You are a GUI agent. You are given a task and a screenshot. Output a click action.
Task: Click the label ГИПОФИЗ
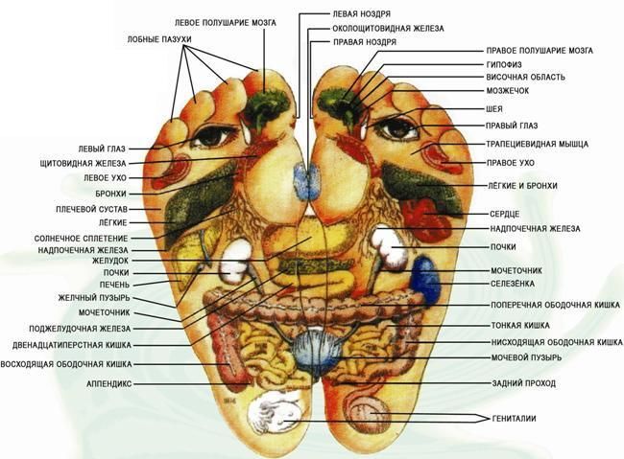click(510, 64)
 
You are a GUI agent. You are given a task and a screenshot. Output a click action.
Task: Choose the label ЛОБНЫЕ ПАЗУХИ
click(158, 39)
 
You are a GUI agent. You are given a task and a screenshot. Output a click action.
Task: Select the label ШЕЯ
click(495, 108)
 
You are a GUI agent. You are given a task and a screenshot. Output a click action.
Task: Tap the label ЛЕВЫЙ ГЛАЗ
click(101, 149)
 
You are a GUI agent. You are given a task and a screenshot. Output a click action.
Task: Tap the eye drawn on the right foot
click(394, 126)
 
